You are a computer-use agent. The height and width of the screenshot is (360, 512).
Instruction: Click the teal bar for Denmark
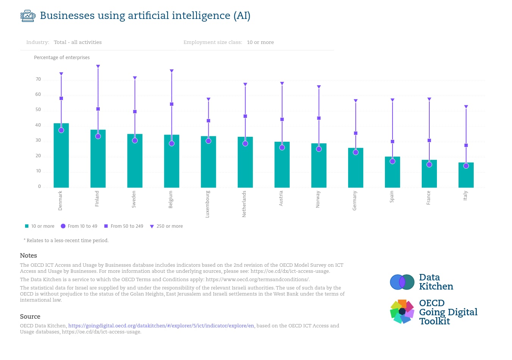pos(61,155)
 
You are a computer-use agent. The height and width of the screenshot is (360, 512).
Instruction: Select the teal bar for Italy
pos(466,175)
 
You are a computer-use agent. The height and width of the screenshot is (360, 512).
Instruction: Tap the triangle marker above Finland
pos(98,66)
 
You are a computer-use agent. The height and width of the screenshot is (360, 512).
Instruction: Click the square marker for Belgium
pos(172,104)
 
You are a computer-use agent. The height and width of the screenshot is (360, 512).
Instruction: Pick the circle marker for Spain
pos(393,161)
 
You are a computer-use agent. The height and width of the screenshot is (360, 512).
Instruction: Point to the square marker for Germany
pos(356,133)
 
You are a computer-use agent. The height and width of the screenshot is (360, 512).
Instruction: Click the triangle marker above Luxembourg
pos(209,99)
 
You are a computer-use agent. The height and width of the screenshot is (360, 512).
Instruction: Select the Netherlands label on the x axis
pos(244,204)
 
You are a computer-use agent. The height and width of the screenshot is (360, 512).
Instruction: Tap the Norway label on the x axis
pos(318,199)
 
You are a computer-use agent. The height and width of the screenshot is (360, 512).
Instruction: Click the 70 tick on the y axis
pos(38,79)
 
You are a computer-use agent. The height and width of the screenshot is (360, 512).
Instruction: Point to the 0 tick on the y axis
pos(39,186)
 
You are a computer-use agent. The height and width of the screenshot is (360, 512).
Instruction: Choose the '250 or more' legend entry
pos(166,226)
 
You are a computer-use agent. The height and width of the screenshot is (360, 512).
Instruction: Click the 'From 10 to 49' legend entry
pos(79,226)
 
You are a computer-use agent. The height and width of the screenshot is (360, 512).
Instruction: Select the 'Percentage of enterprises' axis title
pos(62,57)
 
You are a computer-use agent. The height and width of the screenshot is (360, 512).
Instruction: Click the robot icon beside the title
pos(28,16)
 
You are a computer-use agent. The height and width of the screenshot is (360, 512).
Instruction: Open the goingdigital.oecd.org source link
pos(161,326)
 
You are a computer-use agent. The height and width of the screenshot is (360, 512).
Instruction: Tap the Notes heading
pos(28,255)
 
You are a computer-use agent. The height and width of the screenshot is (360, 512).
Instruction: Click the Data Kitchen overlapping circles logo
pos(402,282)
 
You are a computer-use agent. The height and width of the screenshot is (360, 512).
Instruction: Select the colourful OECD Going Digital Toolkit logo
pos(402,311)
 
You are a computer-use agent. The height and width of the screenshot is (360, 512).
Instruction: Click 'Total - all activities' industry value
pos(78,42)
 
